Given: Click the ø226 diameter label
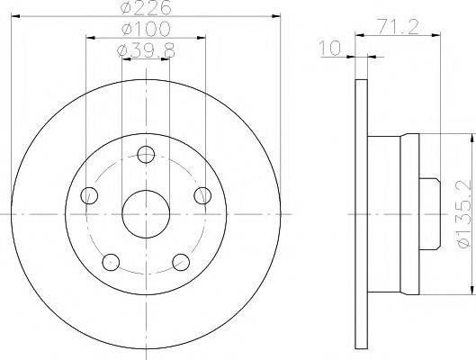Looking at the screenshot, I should (146, 10).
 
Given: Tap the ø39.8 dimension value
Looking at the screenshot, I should (146, 51).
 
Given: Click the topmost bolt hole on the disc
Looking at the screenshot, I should (146, 154).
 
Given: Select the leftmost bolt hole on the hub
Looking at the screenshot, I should (88, 195).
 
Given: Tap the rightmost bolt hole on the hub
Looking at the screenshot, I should (203, 195).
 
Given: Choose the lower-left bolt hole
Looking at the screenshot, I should (110, 262).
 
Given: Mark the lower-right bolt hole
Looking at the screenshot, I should (181, 262).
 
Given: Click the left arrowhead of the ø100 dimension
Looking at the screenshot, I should (89, 38).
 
